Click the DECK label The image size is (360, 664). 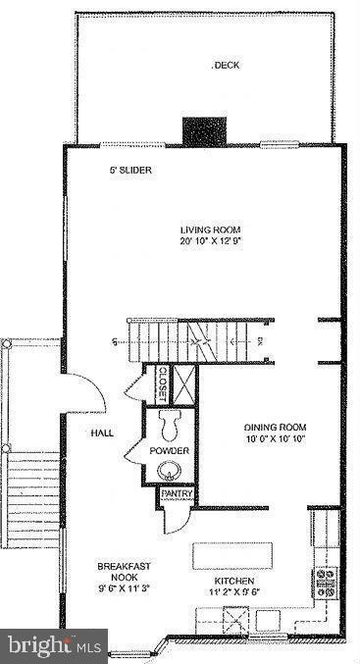pyautogui.click(x=227, y=66)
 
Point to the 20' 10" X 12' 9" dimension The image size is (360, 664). pyautogui.click(x=212, y=241)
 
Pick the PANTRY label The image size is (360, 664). pyautogui.click(x=177, y=494)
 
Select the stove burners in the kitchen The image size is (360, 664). pyautogui.click(x=325, y=583)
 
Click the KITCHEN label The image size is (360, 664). pyautogui.click(x=234, y=580)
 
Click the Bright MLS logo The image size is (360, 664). pyautogui.click(x=53, y=646)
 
